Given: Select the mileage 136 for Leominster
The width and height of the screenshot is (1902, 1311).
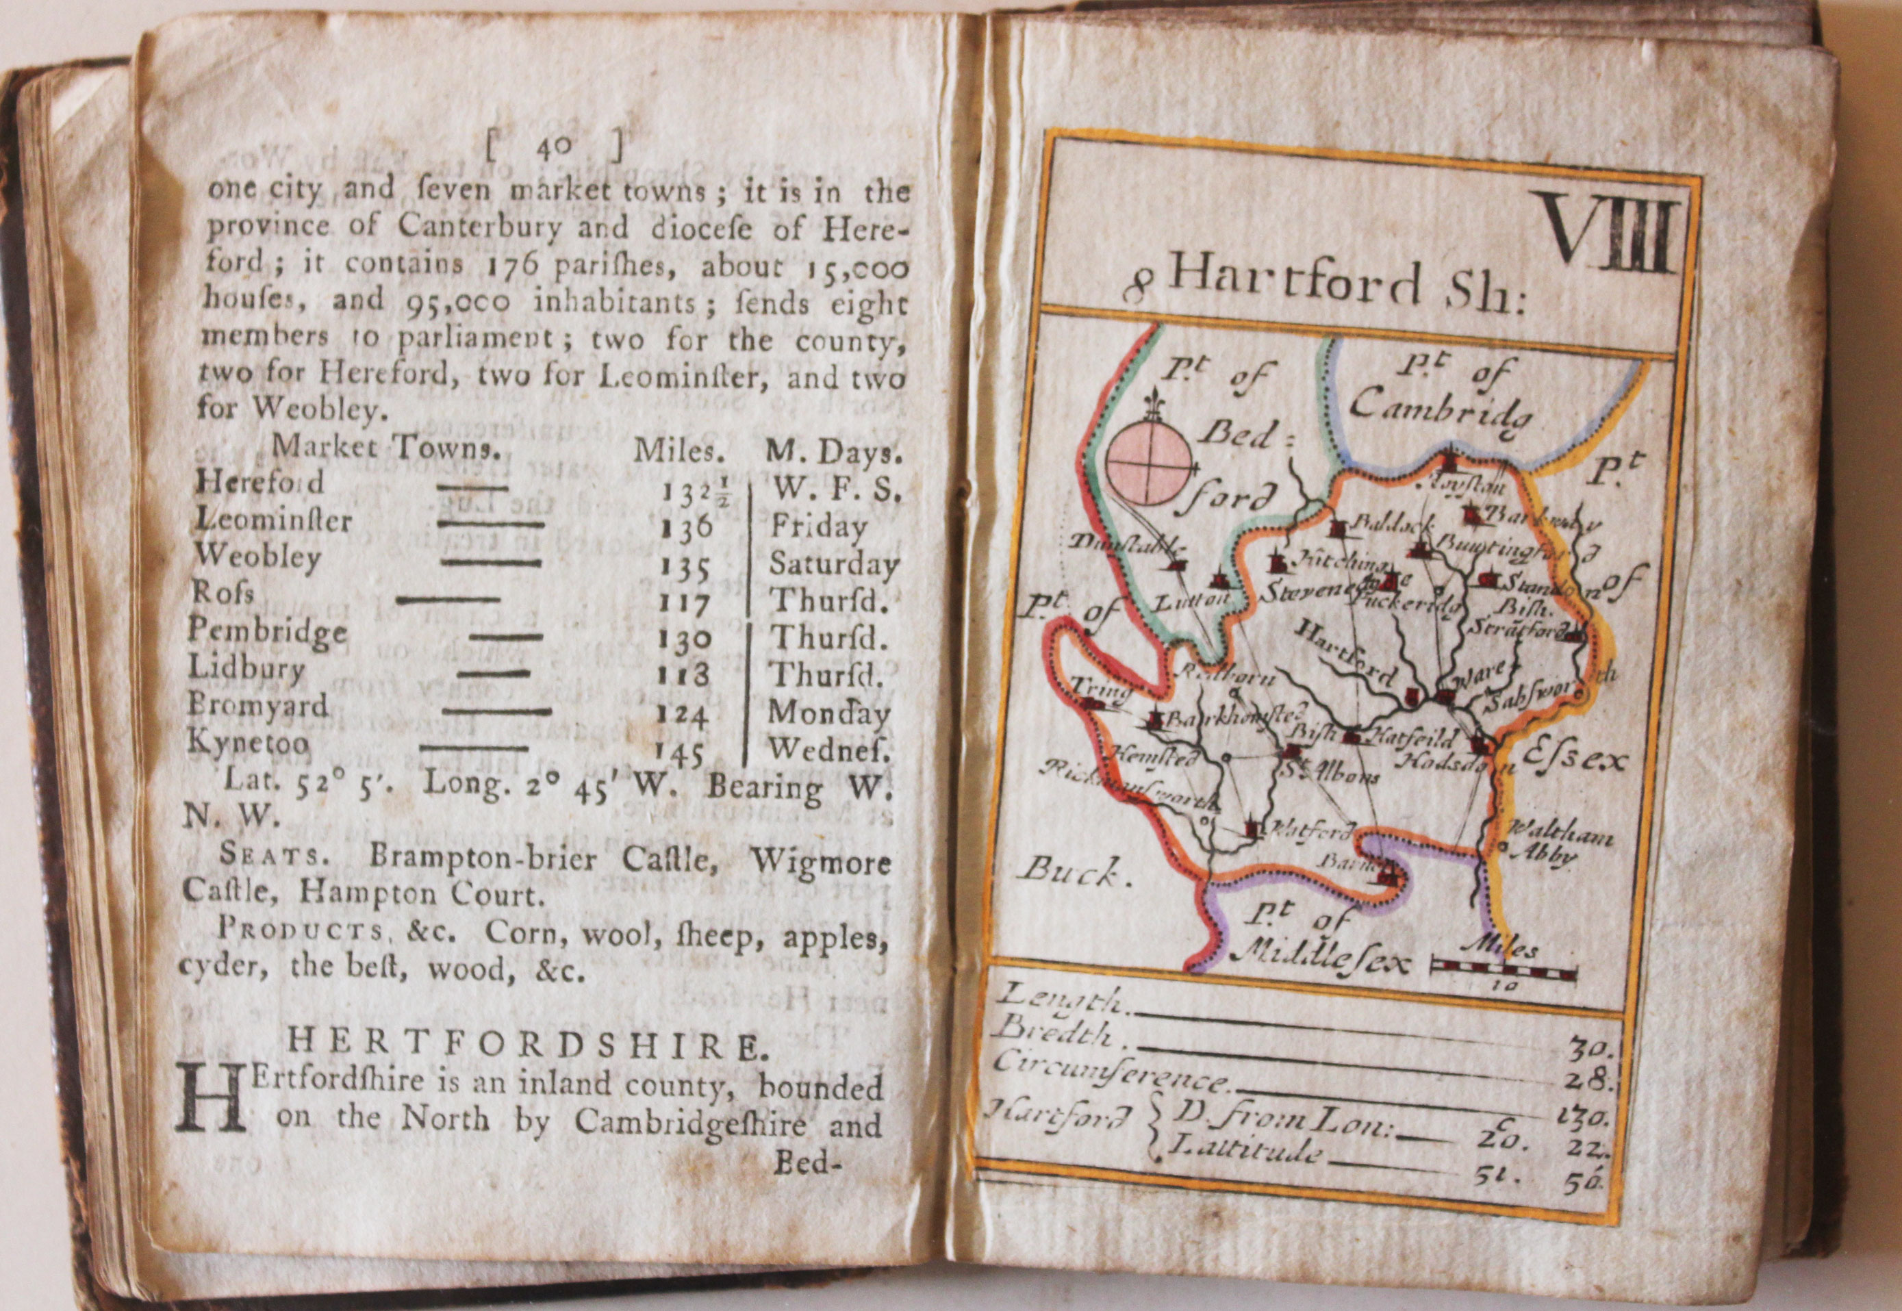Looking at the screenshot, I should point(687,526).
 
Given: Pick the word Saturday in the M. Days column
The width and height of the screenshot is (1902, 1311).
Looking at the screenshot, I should point(833,565).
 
